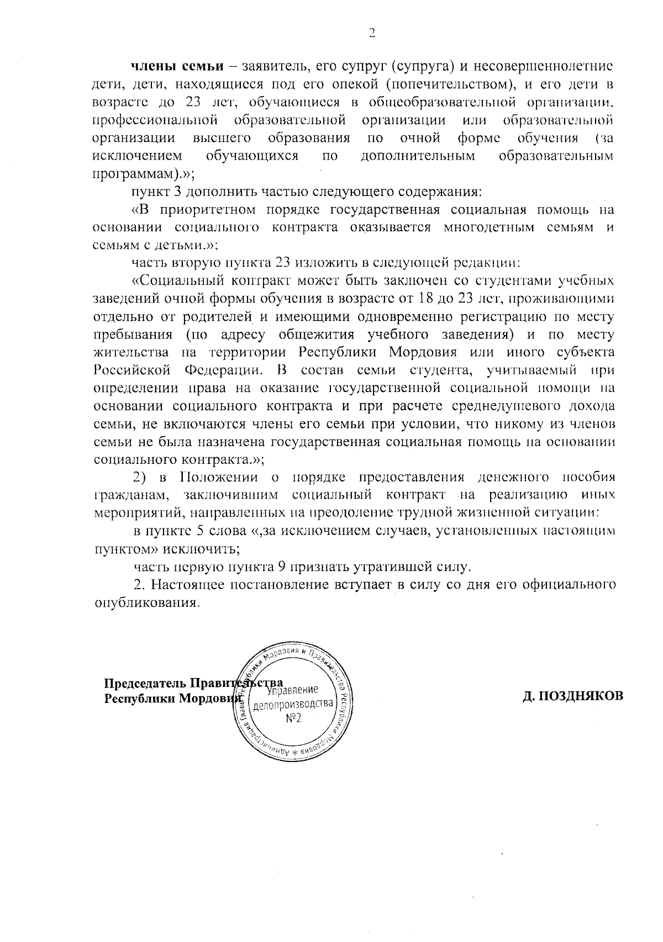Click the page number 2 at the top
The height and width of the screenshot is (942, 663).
371,33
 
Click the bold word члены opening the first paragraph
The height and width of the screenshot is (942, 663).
153,67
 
